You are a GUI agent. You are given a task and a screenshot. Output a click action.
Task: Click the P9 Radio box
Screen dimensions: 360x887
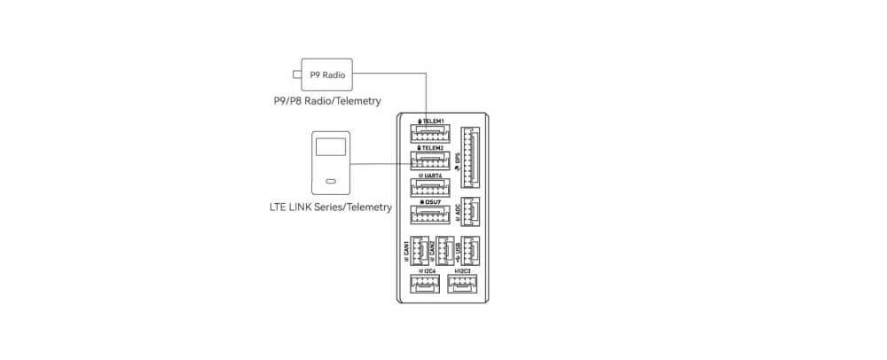[x=326, y=74]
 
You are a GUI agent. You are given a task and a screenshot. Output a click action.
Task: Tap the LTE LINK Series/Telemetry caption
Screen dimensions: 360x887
[x=330, y=207]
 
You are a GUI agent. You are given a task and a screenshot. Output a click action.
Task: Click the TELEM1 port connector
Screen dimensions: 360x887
[x=430, y=134]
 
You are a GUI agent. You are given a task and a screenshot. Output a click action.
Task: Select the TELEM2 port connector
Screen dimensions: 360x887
[x=430, y=161]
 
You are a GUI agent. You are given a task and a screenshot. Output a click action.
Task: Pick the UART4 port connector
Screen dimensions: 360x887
[x=430, y=188]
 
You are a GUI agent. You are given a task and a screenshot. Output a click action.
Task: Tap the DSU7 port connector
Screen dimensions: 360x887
[x=430, y=215]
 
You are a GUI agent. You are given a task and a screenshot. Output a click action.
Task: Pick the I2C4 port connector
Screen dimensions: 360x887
[x=422, y=285]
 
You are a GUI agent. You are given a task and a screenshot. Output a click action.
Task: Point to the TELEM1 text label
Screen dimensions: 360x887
[x=431, y=121]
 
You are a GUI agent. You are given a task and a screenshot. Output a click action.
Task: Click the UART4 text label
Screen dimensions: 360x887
[x=431, y=176]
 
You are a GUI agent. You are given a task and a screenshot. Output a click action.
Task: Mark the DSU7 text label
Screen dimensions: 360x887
[x=431, y=203]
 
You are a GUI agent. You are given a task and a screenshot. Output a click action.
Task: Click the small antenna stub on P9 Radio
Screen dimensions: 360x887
[x=295, y=74]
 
